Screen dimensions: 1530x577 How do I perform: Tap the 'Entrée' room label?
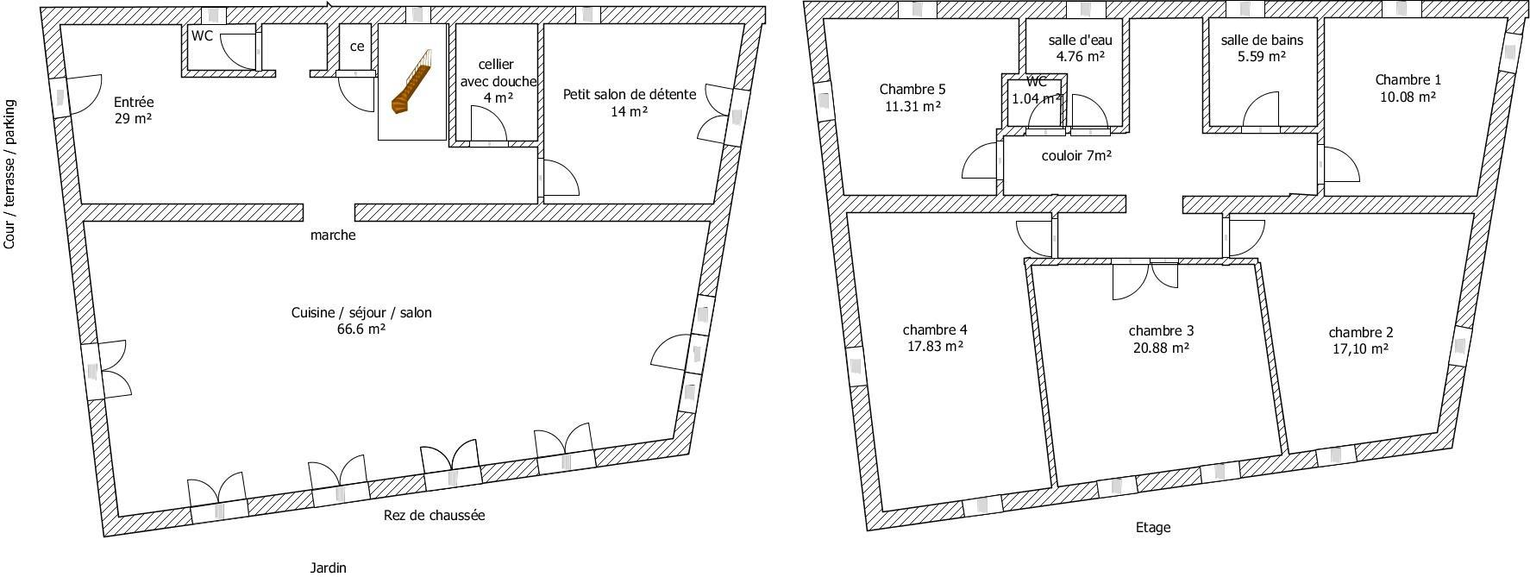pyautogui.click(x=134, y=103)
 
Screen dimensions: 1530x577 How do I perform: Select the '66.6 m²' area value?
pyautogui.click(x=361, y=329)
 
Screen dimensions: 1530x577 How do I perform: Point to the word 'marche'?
pyautogui.click(x=333, y=235)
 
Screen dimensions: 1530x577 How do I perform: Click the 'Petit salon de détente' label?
pyautogui.click(x=630, y=94)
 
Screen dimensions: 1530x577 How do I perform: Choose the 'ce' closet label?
pyautogui.click(x=356, y=47)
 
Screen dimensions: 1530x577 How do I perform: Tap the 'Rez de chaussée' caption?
pyautogui.click(x=434, y=516)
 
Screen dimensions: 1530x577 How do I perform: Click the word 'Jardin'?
pyautogui.click(x=328, y=568)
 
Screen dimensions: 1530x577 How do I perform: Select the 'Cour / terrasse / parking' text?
pyautogui.click(x=9, y=174)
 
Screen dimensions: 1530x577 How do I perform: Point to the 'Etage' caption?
pyautogui.click(x=1153, y=528)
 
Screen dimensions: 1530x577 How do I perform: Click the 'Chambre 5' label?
pyautogui.click(x=912, y=89)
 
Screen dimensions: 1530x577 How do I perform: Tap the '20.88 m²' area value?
pyautogui.click(x=1161, y=348)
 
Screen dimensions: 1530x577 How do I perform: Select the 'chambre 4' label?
pyautogui.click(x=935, y=329)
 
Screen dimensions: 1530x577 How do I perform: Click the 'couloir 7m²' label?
pyautogui.click(x=1076, y=156)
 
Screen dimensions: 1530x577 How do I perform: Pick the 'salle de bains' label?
pyautogui.click(x=1262, y=40)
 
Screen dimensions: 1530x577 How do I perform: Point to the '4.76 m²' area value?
pyautogui.click(x=1081, y=57)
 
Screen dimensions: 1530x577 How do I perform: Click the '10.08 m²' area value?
pyautogui.click(x=1408, y=97)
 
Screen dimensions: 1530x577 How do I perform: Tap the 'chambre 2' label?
pyautogui.click(x=1361, y=332)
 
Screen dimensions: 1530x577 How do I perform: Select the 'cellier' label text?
pyautogui.click(x=496, y=65)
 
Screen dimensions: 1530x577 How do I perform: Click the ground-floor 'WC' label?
pyautogui.click(x=202, y=36)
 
